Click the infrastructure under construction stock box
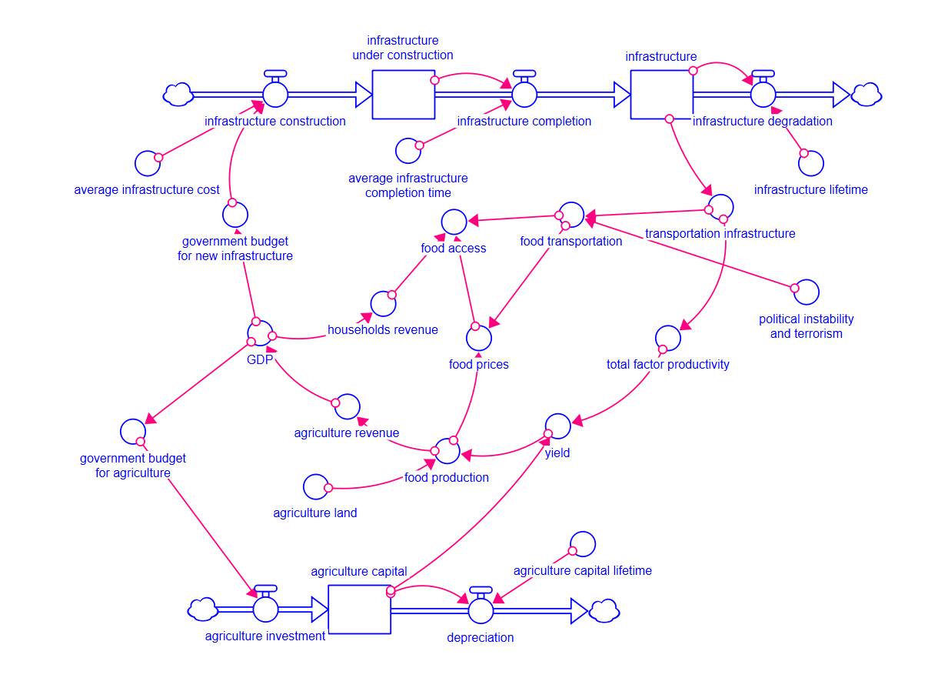[404, 95]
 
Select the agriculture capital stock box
[359, 609]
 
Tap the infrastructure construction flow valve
[275, 95]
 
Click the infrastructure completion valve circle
[524, 95]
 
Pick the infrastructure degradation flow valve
[763, 95]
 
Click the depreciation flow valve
[481, 610]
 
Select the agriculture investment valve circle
[265, 610]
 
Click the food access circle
[454, 222]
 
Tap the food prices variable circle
[479, 336]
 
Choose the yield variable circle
[558, 426]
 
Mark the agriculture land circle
[315, 486]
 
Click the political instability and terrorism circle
[807, 292]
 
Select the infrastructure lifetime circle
[811, 163]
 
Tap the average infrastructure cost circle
[147, 163]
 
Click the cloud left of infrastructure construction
[178, 94]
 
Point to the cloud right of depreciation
[604, 610]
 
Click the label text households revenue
[383, 329]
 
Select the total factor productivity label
[667, 364]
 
